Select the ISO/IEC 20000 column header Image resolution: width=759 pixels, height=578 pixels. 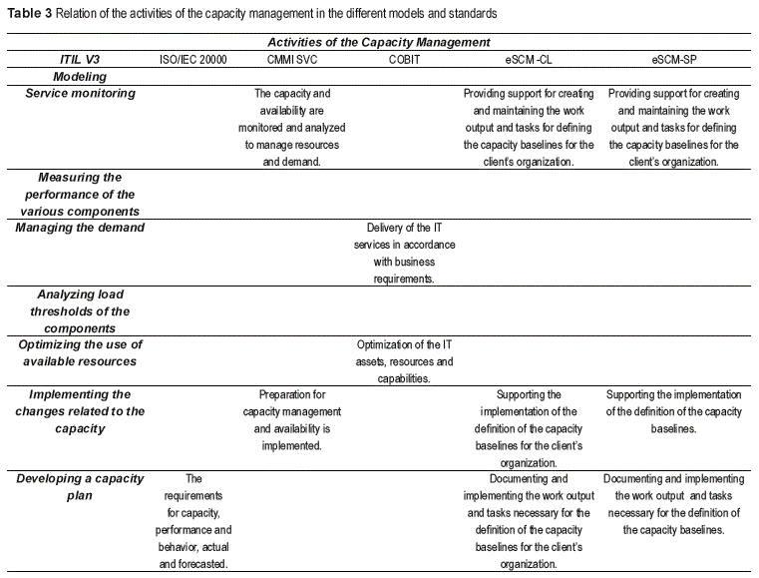[193, 60]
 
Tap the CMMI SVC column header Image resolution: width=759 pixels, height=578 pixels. [291, 60]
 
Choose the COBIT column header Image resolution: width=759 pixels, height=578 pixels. [405, 60]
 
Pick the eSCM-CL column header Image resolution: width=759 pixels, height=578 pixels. [529, 60]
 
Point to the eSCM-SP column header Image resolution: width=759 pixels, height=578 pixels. [673, 60]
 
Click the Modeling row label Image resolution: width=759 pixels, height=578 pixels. [80, 77]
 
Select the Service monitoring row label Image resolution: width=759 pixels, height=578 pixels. [80, 94]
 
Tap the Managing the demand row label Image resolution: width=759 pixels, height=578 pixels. [80, 228]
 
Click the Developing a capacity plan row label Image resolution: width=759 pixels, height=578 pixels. [80, 488]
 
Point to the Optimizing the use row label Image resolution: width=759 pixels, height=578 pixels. [80, 352]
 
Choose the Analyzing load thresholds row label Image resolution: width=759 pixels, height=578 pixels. [80, 311]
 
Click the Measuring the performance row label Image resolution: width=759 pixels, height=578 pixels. [80, 194]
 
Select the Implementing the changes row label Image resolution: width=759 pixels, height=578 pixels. [80, 412]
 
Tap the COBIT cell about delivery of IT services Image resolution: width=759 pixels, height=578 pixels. [405, 254]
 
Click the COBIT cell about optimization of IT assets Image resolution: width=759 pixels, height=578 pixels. [405, 361]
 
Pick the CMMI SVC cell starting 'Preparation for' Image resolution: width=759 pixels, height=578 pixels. [291, 420]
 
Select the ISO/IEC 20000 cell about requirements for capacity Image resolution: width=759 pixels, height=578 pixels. [193, 521]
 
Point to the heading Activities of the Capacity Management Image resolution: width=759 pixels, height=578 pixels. [379, 42]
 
